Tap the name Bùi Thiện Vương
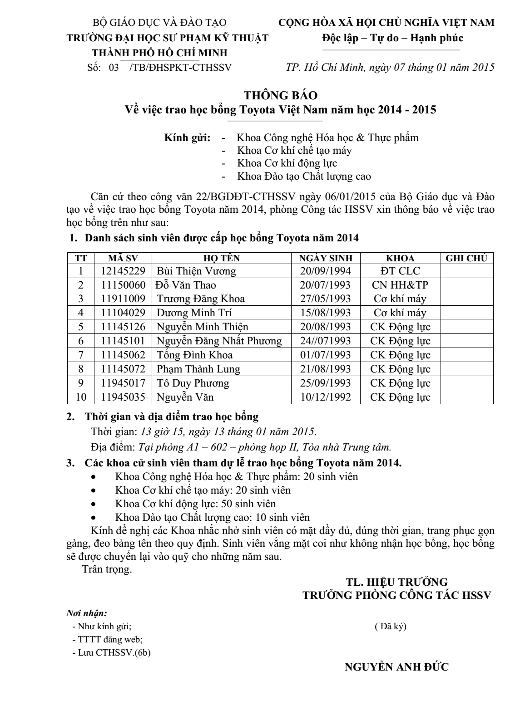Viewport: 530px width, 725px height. [196, 271]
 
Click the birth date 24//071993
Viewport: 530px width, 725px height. [326, 341]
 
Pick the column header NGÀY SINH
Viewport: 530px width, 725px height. [326, 258]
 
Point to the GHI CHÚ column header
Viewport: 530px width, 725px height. [466, 258]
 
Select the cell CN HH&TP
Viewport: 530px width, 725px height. [400, 285]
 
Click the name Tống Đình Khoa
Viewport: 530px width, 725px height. [195, 355]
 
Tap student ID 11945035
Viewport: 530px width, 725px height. [123, 397]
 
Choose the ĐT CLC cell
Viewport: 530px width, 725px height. [400, 271]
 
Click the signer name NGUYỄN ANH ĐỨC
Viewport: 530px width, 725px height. [397, 667]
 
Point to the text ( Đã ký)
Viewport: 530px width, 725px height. [391, 627]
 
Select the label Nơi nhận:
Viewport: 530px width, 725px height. [87, 613]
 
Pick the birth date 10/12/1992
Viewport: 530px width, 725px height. [326, 397]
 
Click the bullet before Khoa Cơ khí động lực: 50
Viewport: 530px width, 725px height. [94, 504]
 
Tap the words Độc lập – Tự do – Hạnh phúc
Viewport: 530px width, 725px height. [393, 38]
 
